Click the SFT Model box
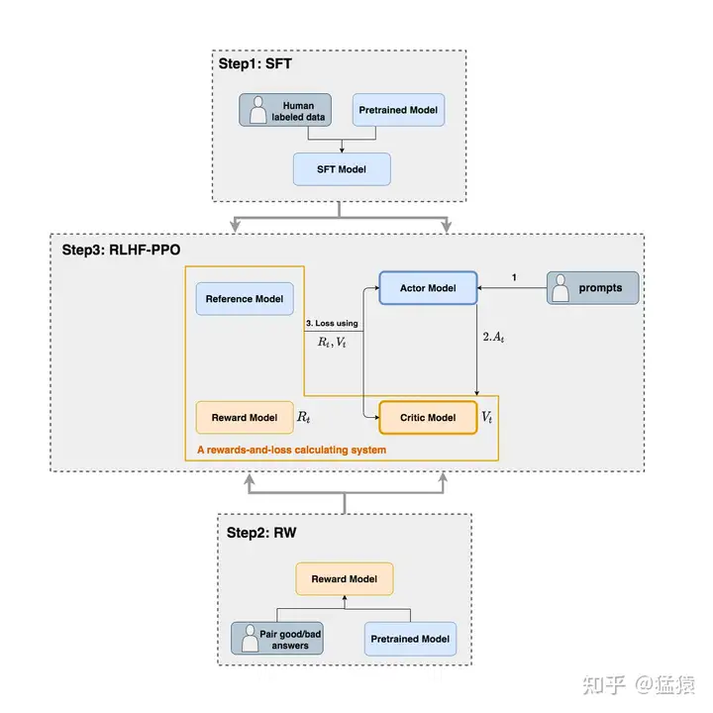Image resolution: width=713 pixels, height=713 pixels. pos(342,169)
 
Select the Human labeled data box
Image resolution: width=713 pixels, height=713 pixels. pos(285,110)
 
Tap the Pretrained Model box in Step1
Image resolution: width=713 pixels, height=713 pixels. pos(398,110)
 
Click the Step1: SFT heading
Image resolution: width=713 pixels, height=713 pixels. pos(255,63)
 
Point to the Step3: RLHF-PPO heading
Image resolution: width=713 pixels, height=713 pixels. pos(121,251)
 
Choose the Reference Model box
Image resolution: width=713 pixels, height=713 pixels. pos(245,299)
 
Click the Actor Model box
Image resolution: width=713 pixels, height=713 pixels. pos(428,288)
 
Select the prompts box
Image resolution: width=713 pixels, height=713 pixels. pos(592,288)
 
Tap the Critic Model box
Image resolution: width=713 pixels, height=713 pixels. pos(428,418)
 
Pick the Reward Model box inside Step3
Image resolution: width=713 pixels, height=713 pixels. pos(245,418)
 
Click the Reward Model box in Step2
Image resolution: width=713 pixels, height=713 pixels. pos(345,579)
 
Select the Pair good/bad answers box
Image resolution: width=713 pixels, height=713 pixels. pos(277,639)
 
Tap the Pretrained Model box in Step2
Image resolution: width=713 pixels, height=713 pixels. pos(410,639)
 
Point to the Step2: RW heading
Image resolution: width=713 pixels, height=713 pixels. pos(261,533)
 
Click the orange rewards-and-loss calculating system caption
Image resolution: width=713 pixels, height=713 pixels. pos(291,450)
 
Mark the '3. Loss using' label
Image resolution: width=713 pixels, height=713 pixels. pos(332,323)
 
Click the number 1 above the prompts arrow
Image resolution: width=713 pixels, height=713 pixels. pos(514,277)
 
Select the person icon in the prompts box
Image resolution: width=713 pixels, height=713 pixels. pos(560,288)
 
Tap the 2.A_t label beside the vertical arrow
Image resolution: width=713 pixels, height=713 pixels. pos(493,337)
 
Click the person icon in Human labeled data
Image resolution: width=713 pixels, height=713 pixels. pos(258,110)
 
